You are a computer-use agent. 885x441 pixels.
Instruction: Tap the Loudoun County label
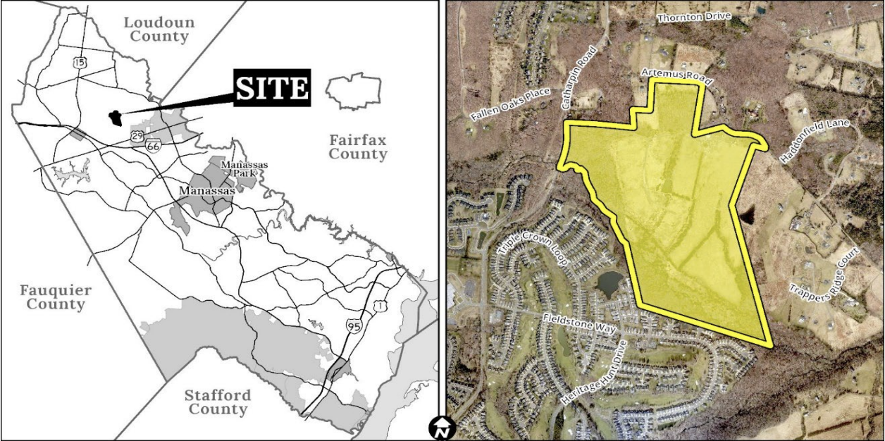tap(159, 29)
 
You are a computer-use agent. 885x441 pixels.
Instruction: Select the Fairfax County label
tap(358, 147)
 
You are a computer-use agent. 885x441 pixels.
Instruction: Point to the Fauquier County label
tap(52, 297)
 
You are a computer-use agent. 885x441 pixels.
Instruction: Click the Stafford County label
tap(217, 402)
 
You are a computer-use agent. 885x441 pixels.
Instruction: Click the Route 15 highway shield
tap(80, 63)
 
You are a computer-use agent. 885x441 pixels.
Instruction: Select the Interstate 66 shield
tap(153, 146)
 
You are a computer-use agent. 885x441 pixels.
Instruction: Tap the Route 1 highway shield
tap(380, 306)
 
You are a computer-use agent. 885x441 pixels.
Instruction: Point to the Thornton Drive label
tap(694, 16)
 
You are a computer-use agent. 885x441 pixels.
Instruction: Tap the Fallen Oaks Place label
tap(511, 105)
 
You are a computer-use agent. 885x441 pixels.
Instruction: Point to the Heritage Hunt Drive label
tap(594, 374)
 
